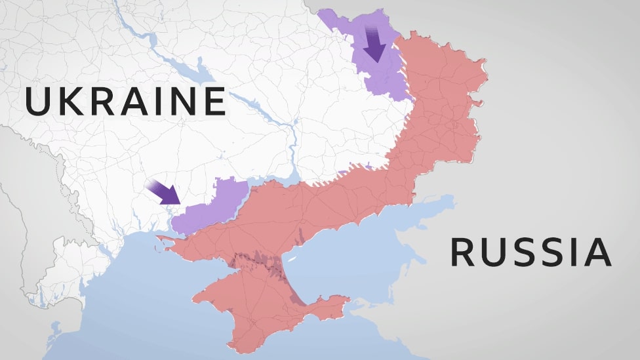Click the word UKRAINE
125,102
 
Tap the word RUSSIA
530,252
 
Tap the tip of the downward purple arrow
376,60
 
